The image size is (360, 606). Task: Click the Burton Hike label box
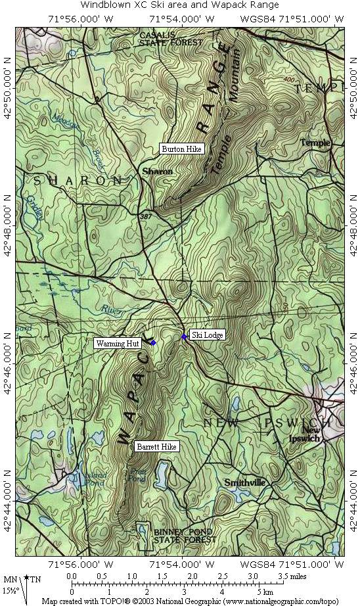coord(182,149)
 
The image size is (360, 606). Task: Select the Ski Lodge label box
coord(207,335)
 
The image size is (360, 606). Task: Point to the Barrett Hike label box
coord(156,446)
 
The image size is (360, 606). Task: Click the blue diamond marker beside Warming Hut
coord(153,343)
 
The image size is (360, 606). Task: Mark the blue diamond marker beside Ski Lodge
coord(184,337)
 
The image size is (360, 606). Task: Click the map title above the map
coord(179,5)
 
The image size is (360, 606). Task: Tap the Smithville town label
coord(244,482)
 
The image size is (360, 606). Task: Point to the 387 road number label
coord(145,215)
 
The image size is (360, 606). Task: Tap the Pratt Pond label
coord(137,475)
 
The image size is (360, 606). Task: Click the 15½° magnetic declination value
coord(10,590)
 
